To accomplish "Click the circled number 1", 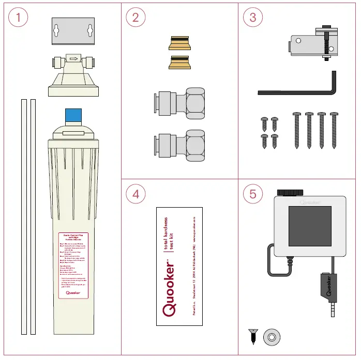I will click(x=18, y=18).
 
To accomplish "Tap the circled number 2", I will click(x=136, y=18).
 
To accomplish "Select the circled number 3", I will click(x=252, y=18).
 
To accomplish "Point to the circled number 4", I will click(x=136, y=194).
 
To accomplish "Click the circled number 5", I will click(x=252, y=194).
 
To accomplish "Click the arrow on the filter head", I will click(x=73, y=59).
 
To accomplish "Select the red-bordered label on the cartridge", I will click(x=73, y=265).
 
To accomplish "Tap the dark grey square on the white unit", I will click(x=309, y=225).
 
